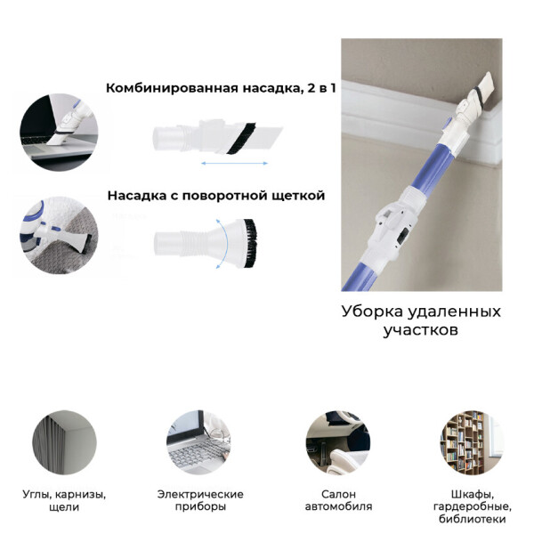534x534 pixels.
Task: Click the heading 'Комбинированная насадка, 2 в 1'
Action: tap(221, 88)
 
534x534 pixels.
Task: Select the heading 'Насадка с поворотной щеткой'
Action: tap(216, 196)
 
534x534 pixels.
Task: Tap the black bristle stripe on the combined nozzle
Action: tap(242, 137)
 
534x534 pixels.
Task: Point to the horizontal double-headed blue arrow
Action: tap(235, 164)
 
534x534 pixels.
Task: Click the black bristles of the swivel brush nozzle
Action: tap(251, 242)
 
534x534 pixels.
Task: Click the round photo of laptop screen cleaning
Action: tap(59, 133)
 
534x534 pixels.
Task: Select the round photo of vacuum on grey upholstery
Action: tap(59, 236)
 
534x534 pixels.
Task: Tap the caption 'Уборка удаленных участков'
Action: tap(421, 320)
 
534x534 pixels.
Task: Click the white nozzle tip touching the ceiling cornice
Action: tap(486, 87)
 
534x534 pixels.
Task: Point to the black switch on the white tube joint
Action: tap(402, 237)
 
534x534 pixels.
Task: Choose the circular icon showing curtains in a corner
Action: tap(64, 442)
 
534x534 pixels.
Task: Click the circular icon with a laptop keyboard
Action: tap(198, 442)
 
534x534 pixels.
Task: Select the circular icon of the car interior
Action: tap(337, 442)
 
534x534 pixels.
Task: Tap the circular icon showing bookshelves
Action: tap(472, 442)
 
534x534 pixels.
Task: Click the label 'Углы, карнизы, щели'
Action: tap(64, 500)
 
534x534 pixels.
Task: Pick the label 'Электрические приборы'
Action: tap(200, 500)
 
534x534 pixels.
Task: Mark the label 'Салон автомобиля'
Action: tap(338, 500)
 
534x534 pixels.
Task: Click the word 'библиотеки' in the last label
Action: tap(472, 519)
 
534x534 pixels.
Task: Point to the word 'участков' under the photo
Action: tap(421, 330)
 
